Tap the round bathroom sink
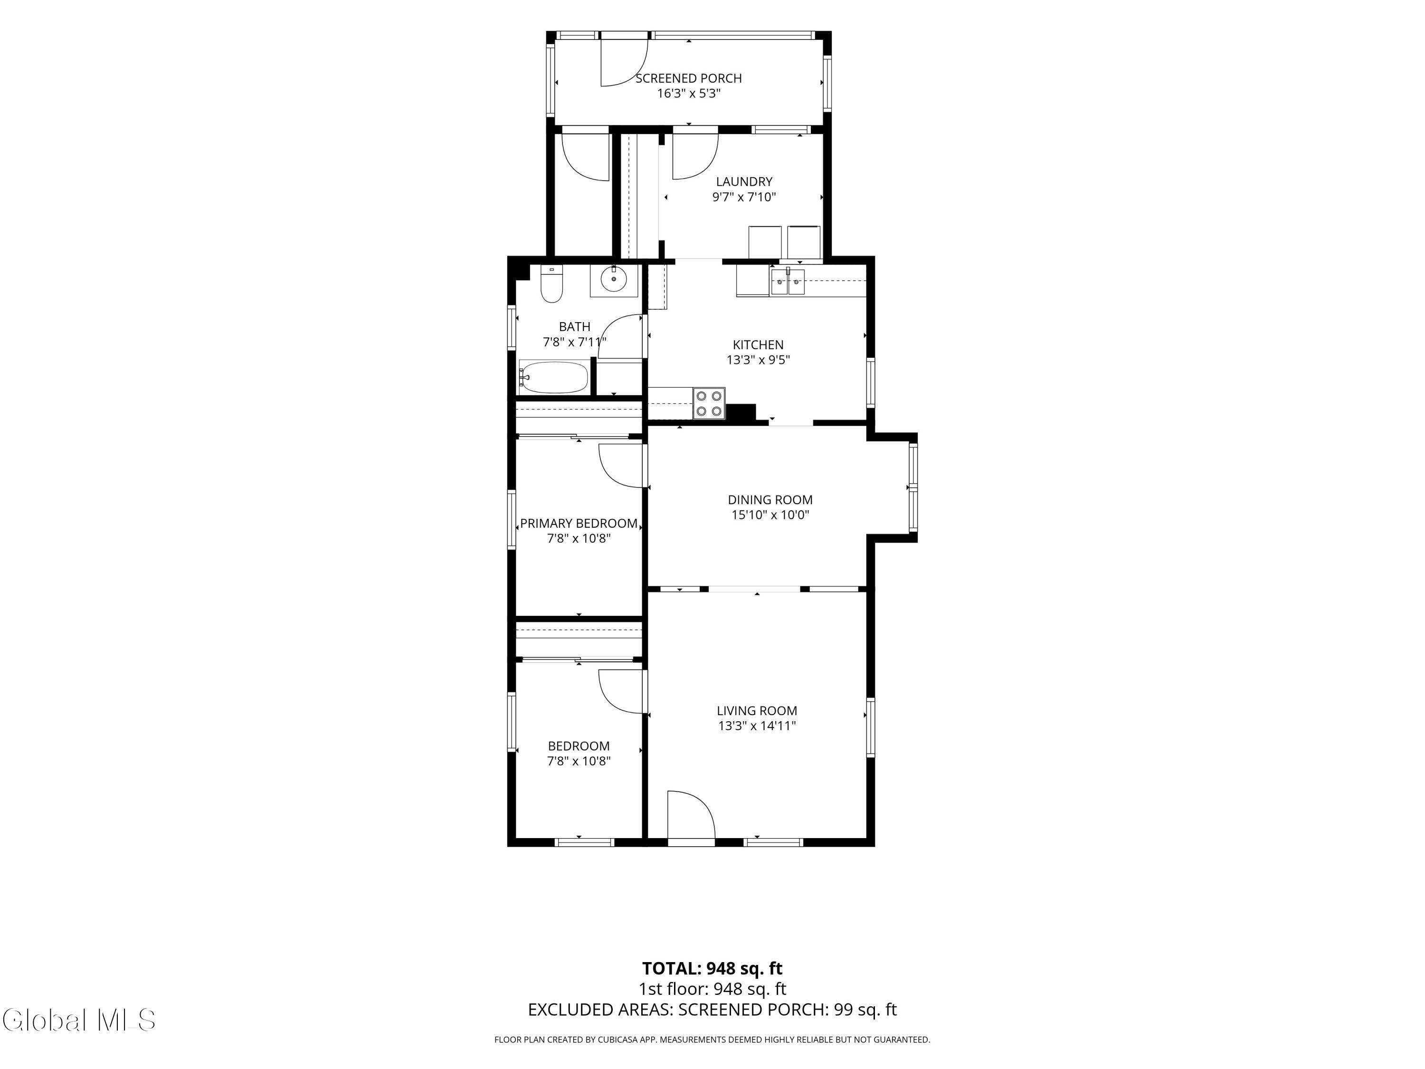pos(613,280)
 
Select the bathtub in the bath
pos(554,377)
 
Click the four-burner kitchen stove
pos(709,403)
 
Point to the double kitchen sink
pos(787,282)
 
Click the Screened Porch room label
pos(689,78)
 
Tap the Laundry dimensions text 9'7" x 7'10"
pos(744,197)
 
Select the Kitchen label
pos(758,345)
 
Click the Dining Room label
pos(770,499)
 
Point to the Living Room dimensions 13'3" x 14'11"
pos(758,726)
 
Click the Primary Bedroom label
pos(579,523)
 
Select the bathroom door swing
pos(621,336)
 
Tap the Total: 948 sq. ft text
pos(712,968)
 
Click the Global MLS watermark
pos(78,1020)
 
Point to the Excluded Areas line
pos(712,1010)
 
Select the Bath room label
pos(575,327)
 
